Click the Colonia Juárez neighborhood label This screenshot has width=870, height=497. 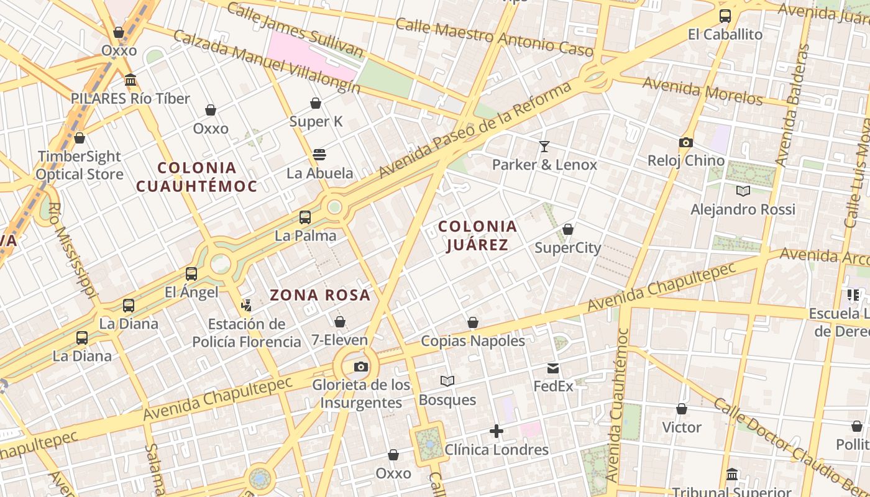point(477,235)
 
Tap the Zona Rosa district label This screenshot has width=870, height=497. point(320,295)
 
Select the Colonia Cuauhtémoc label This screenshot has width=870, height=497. point(196,177)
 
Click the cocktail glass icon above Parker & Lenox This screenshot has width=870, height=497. point(544,147)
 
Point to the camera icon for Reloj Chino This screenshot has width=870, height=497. point(686,142)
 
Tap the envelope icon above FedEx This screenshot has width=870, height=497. point(553,368)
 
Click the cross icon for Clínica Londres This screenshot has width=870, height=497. point(497,431)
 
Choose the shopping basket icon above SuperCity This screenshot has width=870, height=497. point(567,230)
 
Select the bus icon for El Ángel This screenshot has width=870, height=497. point(191,274)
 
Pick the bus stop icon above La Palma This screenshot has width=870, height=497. point(305,217)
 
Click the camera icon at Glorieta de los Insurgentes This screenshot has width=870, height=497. point(360,367)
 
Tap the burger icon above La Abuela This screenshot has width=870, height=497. point(319,155)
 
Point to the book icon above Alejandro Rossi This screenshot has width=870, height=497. point(743,191)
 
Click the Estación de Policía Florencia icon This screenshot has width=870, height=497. point(247,305)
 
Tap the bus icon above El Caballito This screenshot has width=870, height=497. point(725,16)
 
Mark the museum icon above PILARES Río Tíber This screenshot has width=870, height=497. point(130,80)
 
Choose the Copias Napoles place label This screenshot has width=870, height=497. point(473,341)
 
